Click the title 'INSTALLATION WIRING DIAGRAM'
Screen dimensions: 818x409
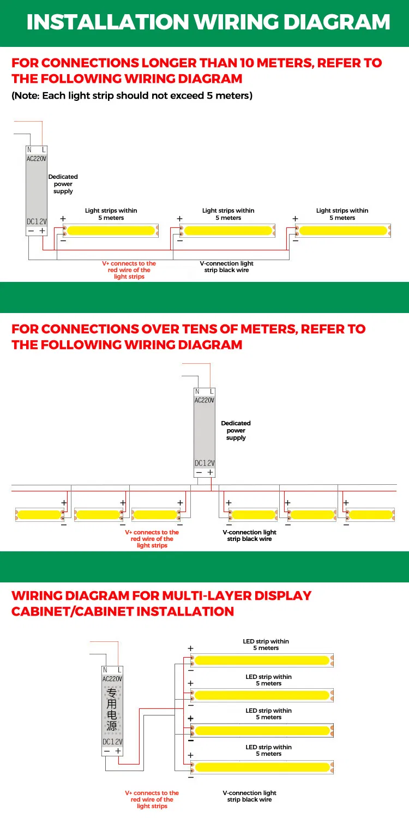click(208, 22)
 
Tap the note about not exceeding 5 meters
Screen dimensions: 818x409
click(131, 96)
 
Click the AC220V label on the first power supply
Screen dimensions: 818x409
click(37, 159)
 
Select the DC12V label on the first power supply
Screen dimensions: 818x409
click(37, 221)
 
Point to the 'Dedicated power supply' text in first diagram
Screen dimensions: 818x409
click(63, 184)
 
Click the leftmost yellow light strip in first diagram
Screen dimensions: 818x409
click(111, 231)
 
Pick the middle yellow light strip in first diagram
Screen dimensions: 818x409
click(228, 231)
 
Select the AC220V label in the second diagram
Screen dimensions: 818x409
click(204, 400)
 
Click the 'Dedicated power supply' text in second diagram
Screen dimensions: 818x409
click(236, 430)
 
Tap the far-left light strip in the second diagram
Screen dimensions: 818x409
click(40, 514)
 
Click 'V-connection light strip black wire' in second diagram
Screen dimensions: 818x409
click(249, 536)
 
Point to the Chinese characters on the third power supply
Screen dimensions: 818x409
click(112, 709)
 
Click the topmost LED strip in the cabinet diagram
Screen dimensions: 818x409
click(262, 660)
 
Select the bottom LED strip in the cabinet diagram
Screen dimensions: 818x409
click(262, 767)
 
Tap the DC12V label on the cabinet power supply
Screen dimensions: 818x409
click(112, 742)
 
